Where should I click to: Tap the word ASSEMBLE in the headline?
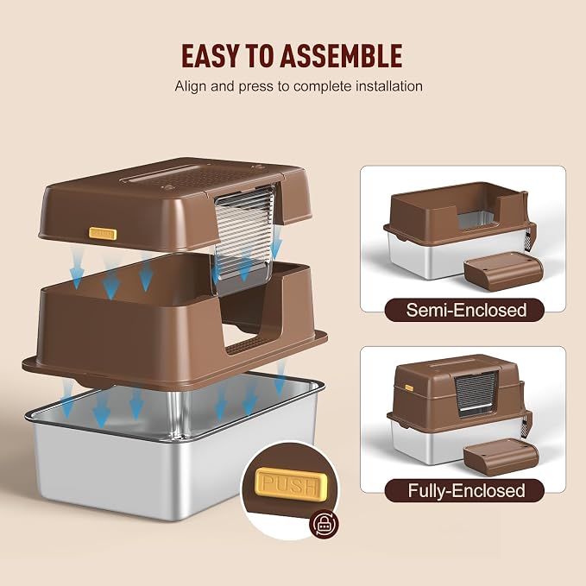(x=341, y=56)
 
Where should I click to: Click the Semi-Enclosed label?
(x=466, y=310)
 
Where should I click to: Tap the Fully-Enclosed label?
(x=466, y=491)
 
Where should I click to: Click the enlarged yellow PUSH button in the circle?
(x=291, y=482)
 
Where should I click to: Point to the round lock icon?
(x=324, y=524)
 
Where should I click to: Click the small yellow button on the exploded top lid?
(x=103, y=233)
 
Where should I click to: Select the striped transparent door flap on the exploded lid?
(x=245, y=231)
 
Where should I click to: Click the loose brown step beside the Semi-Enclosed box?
(x=503, y=270)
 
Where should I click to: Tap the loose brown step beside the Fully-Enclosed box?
(x=501, y=457)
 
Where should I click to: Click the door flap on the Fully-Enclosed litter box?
(x=476, y=394)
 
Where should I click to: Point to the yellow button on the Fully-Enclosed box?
(x=409, y=388)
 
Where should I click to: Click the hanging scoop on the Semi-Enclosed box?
(x=530, y=238)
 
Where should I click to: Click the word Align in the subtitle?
(x=191, y=86)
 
